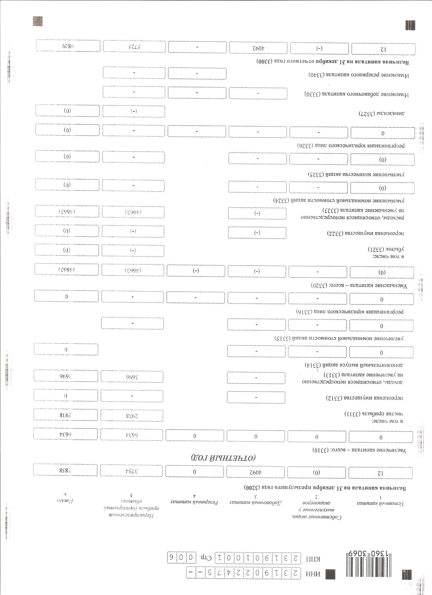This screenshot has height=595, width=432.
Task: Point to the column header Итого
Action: click(x=65, y=500)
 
